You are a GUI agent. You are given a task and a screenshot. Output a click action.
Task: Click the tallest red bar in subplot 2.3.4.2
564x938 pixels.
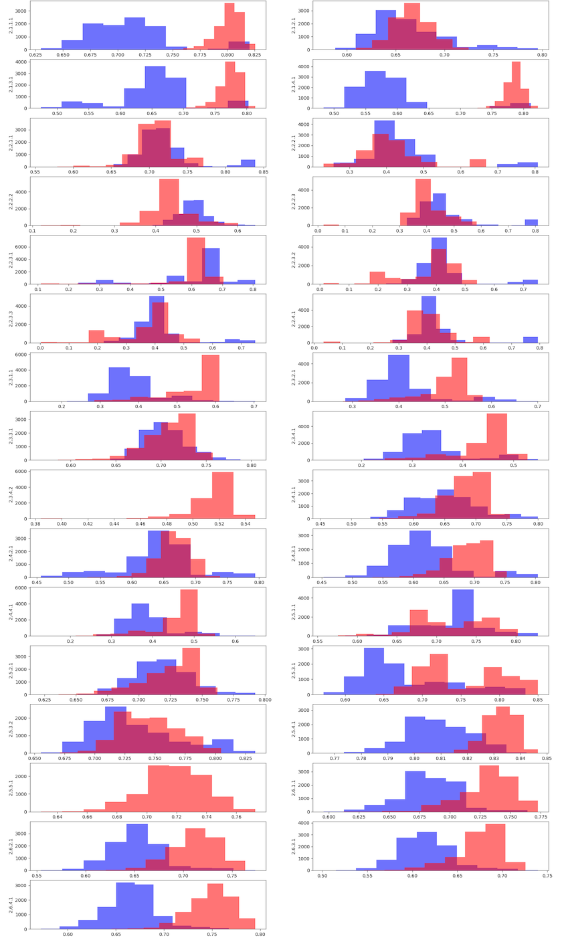(222, 495)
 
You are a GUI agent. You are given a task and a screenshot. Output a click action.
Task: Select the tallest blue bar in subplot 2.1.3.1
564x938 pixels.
(155, 87)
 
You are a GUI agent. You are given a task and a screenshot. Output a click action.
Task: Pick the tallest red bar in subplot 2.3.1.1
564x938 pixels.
(210, 378)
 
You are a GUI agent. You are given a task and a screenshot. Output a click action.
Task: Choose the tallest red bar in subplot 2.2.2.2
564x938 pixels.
(169, 202)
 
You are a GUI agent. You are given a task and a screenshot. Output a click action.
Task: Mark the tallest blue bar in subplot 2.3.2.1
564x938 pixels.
(398, 378)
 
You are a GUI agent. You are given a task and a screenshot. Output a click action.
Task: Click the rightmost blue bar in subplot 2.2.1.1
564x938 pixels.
(248, 163)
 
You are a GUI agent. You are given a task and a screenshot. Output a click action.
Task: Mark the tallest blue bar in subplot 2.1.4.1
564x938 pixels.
(375, 90)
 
